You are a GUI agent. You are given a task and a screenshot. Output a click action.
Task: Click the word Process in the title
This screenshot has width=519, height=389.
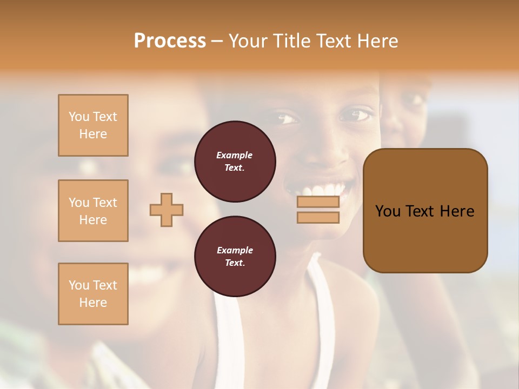170,41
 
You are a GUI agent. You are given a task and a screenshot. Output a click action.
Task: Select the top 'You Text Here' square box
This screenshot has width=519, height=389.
93,125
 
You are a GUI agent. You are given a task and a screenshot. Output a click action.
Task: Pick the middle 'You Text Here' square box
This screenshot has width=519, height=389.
93,211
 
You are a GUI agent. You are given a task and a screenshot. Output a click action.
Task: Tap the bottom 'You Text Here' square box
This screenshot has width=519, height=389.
93,294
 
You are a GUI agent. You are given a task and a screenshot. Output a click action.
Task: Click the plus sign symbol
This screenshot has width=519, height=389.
167,210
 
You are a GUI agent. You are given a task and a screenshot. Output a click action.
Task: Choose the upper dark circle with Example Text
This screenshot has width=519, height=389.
235,162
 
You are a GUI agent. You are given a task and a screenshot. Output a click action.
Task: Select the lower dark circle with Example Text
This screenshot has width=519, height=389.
235,256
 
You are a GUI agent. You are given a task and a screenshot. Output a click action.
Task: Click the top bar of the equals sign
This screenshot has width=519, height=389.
318,202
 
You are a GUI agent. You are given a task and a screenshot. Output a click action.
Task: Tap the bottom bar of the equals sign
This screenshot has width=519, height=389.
318,218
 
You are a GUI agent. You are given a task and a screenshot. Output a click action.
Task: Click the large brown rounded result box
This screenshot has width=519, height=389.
425,211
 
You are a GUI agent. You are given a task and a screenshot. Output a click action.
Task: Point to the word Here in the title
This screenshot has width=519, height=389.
376,41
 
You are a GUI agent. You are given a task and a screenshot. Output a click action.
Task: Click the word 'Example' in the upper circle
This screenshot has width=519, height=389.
235,155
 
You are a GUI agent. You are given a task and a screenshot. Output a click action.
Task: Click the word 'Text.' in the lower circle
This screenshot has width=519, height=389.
235,263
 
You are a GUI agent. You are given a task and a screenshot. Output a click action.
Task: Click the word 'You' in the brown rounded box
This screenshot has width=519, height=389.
388,211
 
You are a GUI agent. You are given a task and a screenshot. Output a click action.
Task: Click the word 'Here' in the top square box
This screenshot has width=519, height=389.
93,134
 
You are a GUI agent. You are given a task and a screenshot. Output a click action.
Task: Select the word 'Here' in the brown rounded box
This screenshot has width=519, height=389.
457,211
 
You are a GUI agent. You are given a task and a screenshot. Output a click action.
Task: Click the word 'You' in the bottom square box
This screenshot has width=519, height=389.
79,285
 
